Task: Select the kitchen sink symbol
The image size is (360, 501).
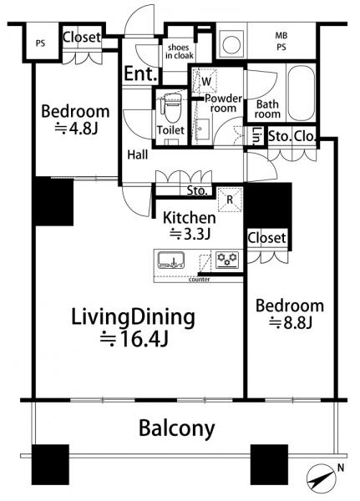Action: click(x=171, y=260)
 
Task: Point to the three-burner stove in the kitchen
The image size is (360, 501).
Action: click(x=227, y=259)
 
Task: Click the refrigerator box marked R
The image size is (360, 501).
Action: click(x=230, y=200)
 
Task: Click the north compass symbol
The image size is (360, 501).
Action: click(x=322, y=478)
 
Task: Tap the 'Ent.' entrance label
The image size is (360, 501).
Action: click(x=140, y=73)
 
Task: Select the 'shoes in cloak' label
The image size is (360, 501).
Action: click(x=179, y=52)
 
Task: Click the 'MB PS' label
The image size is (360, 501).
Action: click(x=281, y=41)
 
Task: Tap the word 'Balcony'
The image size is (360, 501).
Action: click(x=176, y=428)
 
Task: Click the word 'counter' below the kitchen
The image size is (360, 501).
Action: click(x=199, y=280)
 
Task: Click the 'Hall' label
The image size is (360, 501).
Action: click(x=138, y=155)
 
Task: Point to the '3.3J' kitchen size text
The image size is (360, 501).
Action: click(x=190, y=235)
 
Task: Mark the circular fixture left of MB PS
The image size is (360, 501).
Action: click(x=231, y=45)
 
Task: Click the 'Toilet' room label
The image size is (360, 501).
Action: click(x=170, y=130)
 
